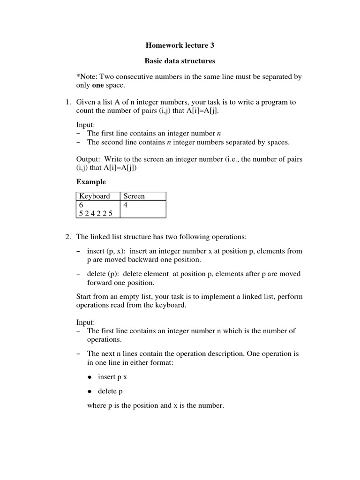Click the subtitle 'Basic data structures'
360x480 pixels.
tap(180, 61)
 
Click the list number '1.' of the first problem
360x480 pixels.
tap(67, 102)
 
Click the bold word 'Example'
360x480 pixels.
tap(91, 181)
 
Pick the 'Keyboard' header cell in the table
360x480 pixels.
tap(95, 196)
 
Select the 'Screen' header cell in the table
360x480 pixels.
tap(134, 196)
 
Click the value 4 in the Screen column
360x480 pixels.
tap(126, 205)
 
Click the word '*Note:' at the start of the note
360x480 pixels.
tap(88, 77)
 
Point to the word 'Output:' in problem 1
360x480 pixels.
tap(88, 159)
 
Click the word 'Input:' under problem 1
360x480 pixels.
tap(86, 125)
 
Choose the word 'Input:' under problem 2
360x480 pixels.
tap(86, 322)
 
